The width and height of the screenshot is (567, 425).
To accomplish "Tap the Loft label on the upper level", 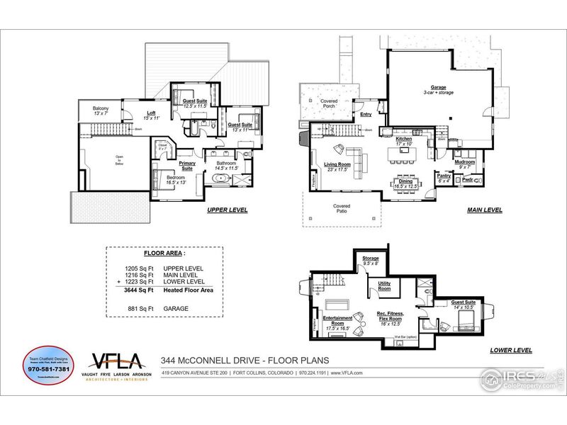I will [151, 115].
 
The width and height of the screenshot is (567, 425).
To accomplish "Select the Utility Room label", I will [383, 286].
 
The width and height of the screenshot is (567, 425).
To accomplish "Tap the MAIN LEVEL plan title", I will [485, 210].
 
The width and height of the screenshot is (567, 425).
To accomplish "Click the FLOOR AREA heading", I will [164, 252].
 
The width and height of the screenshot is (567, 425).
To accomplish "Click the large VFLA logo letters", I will [115, 361].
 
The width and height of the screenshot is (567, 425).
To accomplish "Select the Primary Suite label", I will [187, 166].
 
